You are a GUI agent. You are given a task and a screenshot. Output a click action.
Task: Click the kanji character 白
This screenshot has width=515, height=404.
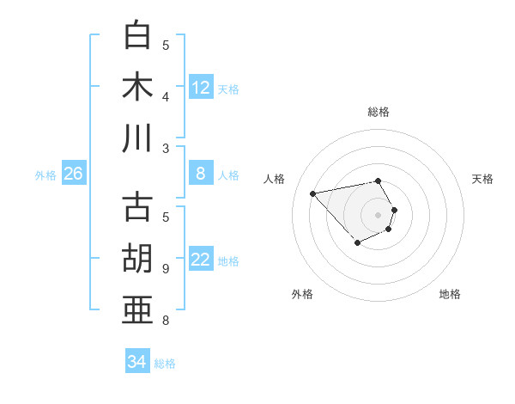tap(138, 36)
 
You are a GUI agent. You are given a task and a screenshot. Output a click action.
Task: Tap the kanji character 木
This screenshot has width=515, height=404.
tap(138, 87)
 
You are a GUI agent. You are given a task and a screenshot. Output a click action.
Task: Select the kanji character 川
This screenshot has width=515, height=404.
tap(138, 138)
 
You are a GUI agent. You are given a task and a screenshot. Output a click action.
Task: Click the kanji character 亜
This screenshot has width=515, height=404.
tap(138, 309)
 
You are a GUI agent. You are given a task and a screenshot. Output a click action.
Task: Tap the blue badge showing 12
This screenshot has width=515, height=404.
tap(201, 88)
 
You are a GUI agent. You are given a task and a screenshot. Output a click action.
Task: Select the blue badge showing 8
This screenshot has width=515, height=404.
tap(201, 174)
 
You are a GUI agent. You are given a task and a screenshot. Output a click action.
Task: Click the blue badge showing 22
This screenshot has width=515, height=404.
tap(201, 260)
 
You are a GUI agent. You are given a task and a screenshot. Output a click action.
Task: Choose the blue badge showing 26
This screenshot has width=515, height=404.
tap(73, 174)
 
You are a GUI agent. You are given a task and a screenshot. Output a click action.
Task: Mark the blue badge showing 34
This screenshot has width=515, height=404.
tap(137, 362)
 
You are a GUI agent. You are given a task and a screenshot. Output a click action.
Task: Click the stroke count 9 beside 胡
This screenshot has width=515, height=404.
tap(166, 269)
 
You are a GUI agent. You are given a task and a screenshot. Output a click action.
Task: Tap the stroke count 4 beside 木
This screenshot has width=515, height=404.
tap(166, 98)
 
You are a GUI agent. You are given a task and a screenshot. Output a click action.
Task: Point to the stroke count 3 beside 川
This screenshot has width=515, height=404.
tap(166, 149)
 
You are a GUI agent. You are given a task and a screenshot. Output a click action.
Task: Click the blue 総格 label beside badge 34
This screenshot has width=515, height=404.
tap(165, 364)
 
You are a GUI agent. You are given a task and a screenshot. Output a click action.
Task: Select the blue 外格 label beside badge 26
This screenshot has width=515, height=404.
tap(45, 175)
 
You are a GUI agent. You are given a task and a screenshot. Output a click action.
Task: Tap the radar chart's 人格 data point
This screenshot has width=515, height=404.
tap(312, 193)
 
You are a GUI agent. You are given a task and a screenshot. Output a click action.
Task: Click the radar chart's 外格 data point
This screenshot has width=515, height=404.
tap(357, 243)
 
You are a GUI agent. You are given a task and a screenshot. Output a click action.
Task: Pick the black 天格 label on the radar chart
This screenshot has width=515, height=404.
tap(482, 179)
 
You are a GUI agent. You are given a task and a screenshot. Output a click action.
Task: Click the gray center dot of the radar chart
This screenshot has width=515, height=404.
tap(379, 214)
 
